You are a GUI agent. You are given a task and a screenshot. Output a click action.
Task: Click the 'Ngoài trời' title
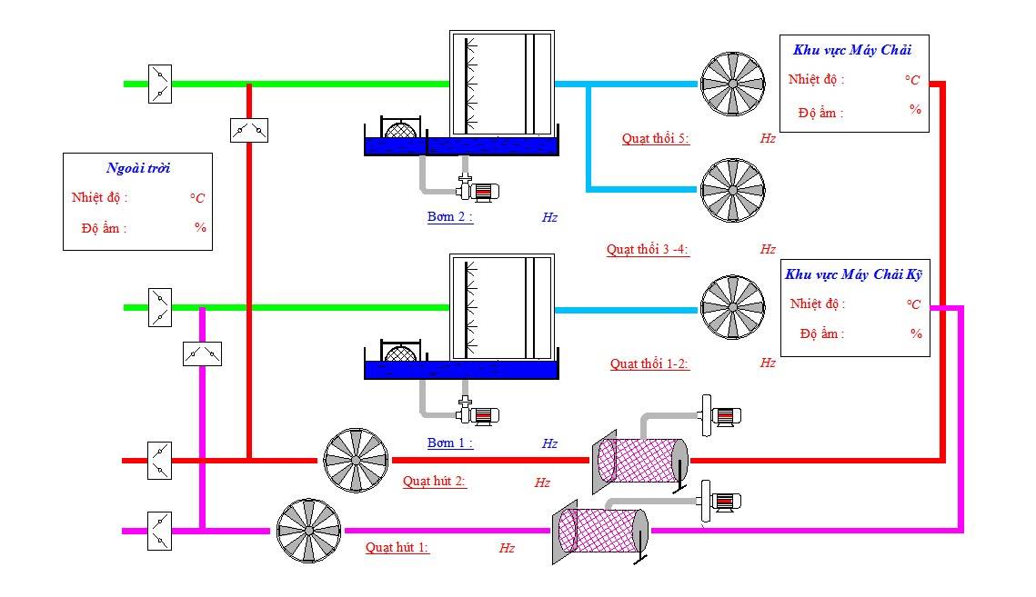138,168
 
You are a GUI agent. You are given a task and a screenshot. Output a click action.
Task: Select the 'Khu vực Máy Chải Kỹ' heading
853,274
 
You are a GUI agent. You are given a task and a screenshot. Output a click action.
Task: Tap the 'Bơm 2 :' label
450,216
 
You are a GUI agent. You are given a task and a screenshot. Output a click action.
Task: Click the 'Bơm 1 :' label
450,443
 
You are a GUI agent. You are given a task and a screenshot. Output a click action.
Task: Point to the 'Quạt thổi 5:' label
656,139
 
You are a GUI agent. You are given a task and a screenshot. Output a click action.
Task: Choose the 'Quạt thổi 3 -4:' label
648,250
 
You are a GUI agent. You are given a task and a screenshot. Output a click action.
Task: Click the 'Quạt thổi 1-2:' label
649,363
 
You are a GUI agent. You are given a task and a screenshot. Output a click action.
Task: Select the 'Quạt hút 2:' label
434,482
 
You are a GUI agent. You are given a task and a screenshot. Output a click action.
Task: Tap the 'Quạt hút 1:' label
397,547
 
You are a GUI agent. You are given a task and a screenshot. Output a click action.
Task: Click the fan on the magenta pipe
308,531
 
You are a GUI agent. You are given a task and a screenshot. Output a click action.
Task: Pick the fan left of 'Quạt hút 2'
356,461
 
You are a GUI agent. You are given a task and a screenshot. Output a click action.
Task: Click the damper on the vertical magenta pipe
202,354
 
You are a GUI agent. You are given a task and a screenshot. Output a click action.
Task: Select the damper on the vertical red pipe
249,130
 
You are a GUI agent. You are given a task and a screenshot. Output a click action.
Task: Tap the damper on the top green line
160,84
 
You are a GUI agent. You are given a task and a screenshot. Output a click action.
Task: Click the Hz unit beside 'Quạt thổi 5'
767,139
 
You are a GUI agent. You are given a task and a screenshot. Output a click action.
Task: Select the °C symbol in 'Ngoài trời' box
196,198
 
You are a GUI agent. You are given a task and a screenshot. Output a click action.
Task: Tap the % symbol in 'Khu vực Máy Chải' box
915,109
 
